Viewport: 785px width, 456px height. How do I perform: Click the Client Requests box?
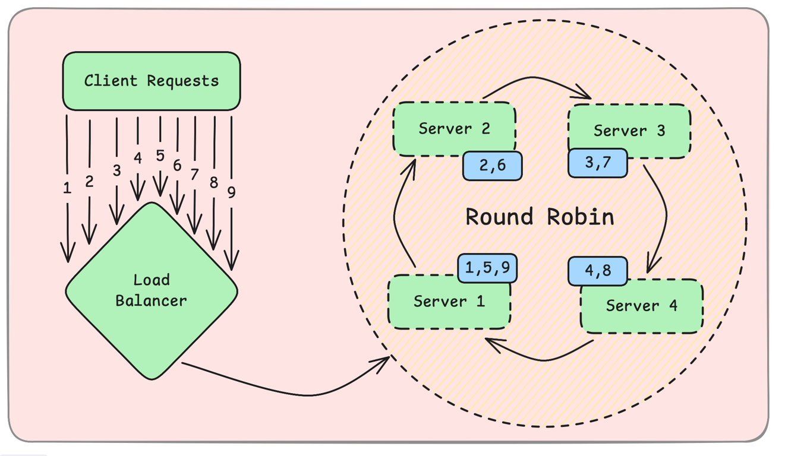click(x=152, y=81)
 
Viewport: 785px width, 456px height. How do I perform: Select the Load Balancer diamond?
click(x=152, y=291)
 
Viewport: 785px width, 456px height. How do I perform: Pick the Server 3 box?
click(x=629, y=131)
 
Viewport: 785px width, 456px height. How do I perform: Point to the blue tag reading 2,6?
click(x=493, y=165)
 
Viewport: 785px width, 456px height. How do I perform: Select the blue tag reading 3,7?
click(x=598, y=163)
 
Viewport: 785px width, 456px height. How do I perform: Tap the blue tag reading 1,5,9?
click(x=487, y=268)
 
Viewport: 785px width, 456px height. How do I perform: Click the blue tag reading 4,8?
click(x=598, y=271)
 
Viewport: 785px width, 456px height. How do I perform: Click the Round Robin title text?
click(x=540, y=217)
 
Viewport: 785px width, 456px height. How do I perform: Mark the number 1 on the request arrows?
click(x=67, y=188)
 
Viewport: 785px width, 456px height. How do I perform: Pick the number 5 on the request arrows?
click(x=160, y=156)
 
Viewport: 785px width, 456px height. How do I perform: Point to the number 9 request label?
click(x=231, y=192)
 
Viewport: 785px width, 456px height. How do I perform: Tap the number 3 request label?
click(x=116, y=170)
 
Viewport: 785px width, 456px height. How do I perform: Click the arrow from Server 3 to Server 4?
click(x=664, y=214)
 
